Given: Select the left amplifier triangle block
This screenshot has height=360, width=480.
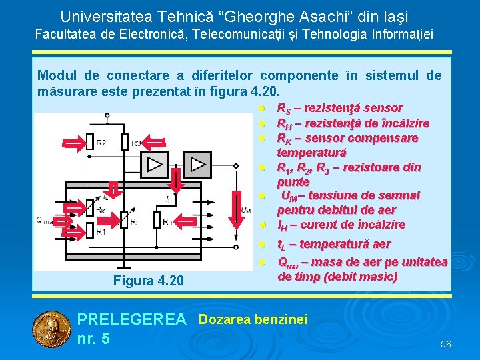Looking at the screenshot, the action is click(x=157, y=164).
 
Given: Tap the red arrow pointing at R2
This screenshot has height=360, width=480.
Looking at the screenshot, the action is click(x=70, y=142).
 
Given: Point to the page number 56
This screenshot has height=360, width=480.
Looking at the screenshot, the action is click(x=445, y=344).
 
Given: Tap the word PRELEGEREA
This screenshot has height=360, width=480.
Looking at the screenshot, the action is click(x=132, y=320).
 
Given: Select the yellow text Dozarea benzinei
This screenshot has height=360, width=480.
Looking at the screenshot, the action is click(x=253, y=320).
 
